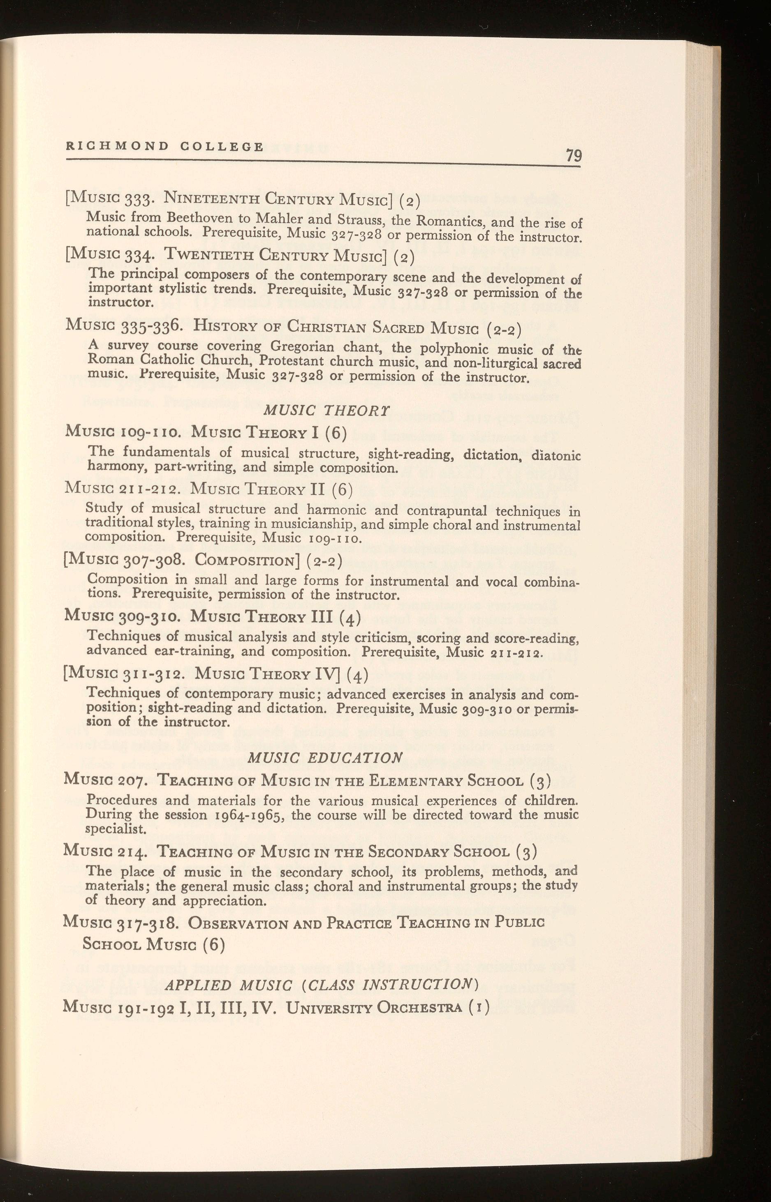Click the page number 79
[x=573, y=156]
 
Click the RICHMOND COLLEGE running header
[x=165, y=147]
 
